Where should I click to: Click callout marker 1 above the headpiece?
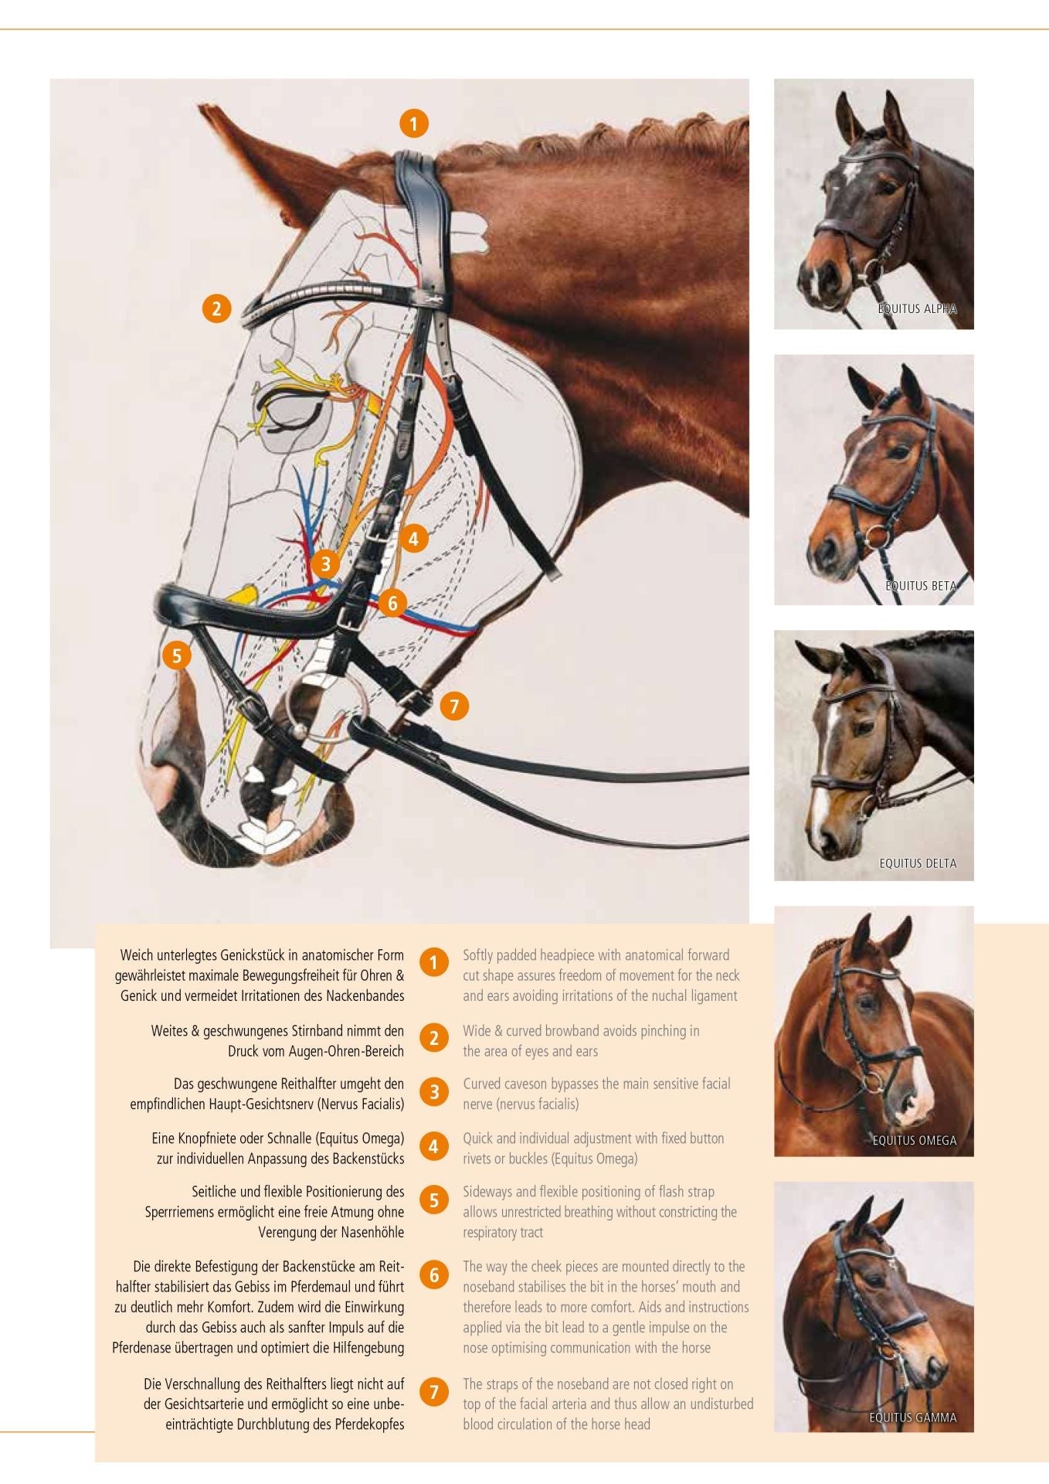pos(413,123)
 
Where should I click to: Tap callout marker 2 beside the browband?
pos(216,308)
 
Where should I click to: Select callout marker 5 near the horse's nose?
pos(177,655)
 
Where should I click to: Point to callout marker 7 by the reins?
pos(453,705)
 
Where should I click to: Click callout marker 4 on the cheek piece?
pos(413,538)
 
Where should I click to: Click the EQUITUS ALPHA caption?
pos(917,309)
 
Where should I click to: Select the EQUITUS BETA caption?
pos(920,586)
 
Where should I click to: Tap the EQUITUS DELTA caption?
pos(918,863)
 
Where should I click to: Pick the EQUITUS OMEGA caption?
pos(914,1140)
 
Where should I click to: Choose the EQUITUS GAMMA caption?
pos(912,1418)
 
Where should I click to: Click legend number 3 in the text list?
pos(434,1092)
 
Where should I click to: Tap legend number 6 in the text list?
pos(434,1275)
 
